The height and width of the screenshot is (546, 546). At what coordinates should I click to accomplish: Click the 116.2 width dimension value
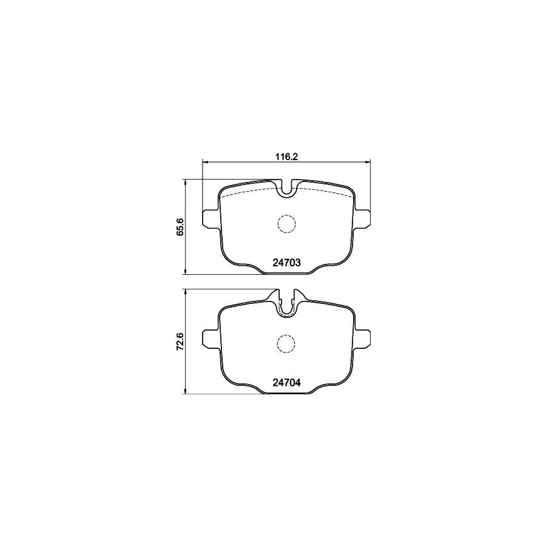[285, 156]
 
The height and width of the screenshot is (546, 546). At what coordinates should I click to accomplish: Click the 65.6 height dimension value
[180, 227]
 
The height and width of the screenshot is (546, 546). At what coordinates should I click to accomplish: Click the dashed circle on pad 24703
[286, 224]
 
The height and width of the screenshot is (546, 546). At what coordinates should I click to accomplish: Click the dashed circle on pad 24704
[286, 344]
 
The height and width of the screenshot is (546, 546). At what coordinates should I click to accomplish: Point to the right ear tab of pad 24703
[363, 219]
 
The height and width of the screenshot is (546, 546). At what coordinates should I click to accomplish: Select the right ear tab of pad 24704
[363, 339]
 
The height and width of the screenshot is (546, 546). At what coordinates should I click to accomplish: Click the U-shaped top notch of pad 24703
[286, 189]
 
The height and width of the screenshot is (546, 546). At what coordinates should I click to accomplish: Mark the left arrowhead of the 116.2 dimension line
[204, 161]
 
